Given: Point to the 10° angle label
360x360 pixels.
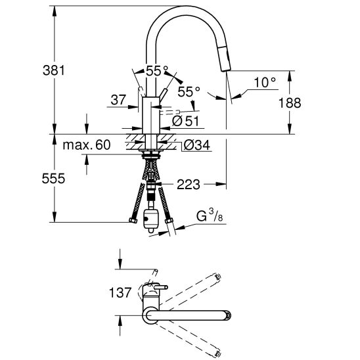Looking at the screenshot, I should point(263,82).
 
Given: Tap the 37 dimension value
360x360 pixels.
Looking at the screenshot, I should point(119,100).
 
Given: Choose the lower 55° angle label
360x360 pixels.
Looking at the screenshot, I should point(188,93).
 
